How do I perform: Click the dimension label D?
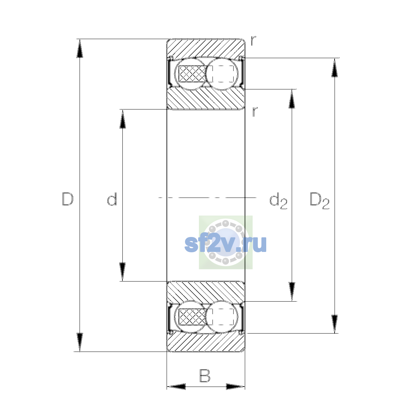(x=68, y=199)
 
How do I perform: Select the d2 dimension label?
(x=278, y=201)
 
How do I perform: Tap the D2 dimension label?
(x=319, y=201)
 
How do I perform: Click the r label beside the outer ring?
(x=253, y=41)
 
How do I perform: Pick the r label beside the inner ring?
(x=255, y=112)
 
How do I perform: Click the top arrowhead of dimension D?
(x=80, y=49)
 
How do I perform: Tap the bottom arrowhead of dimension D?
(x=80, y=342)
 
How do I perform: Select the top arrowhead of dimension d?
(x=123, y=119)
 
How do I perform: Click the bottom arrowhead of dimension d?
(x=123, y=272)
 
